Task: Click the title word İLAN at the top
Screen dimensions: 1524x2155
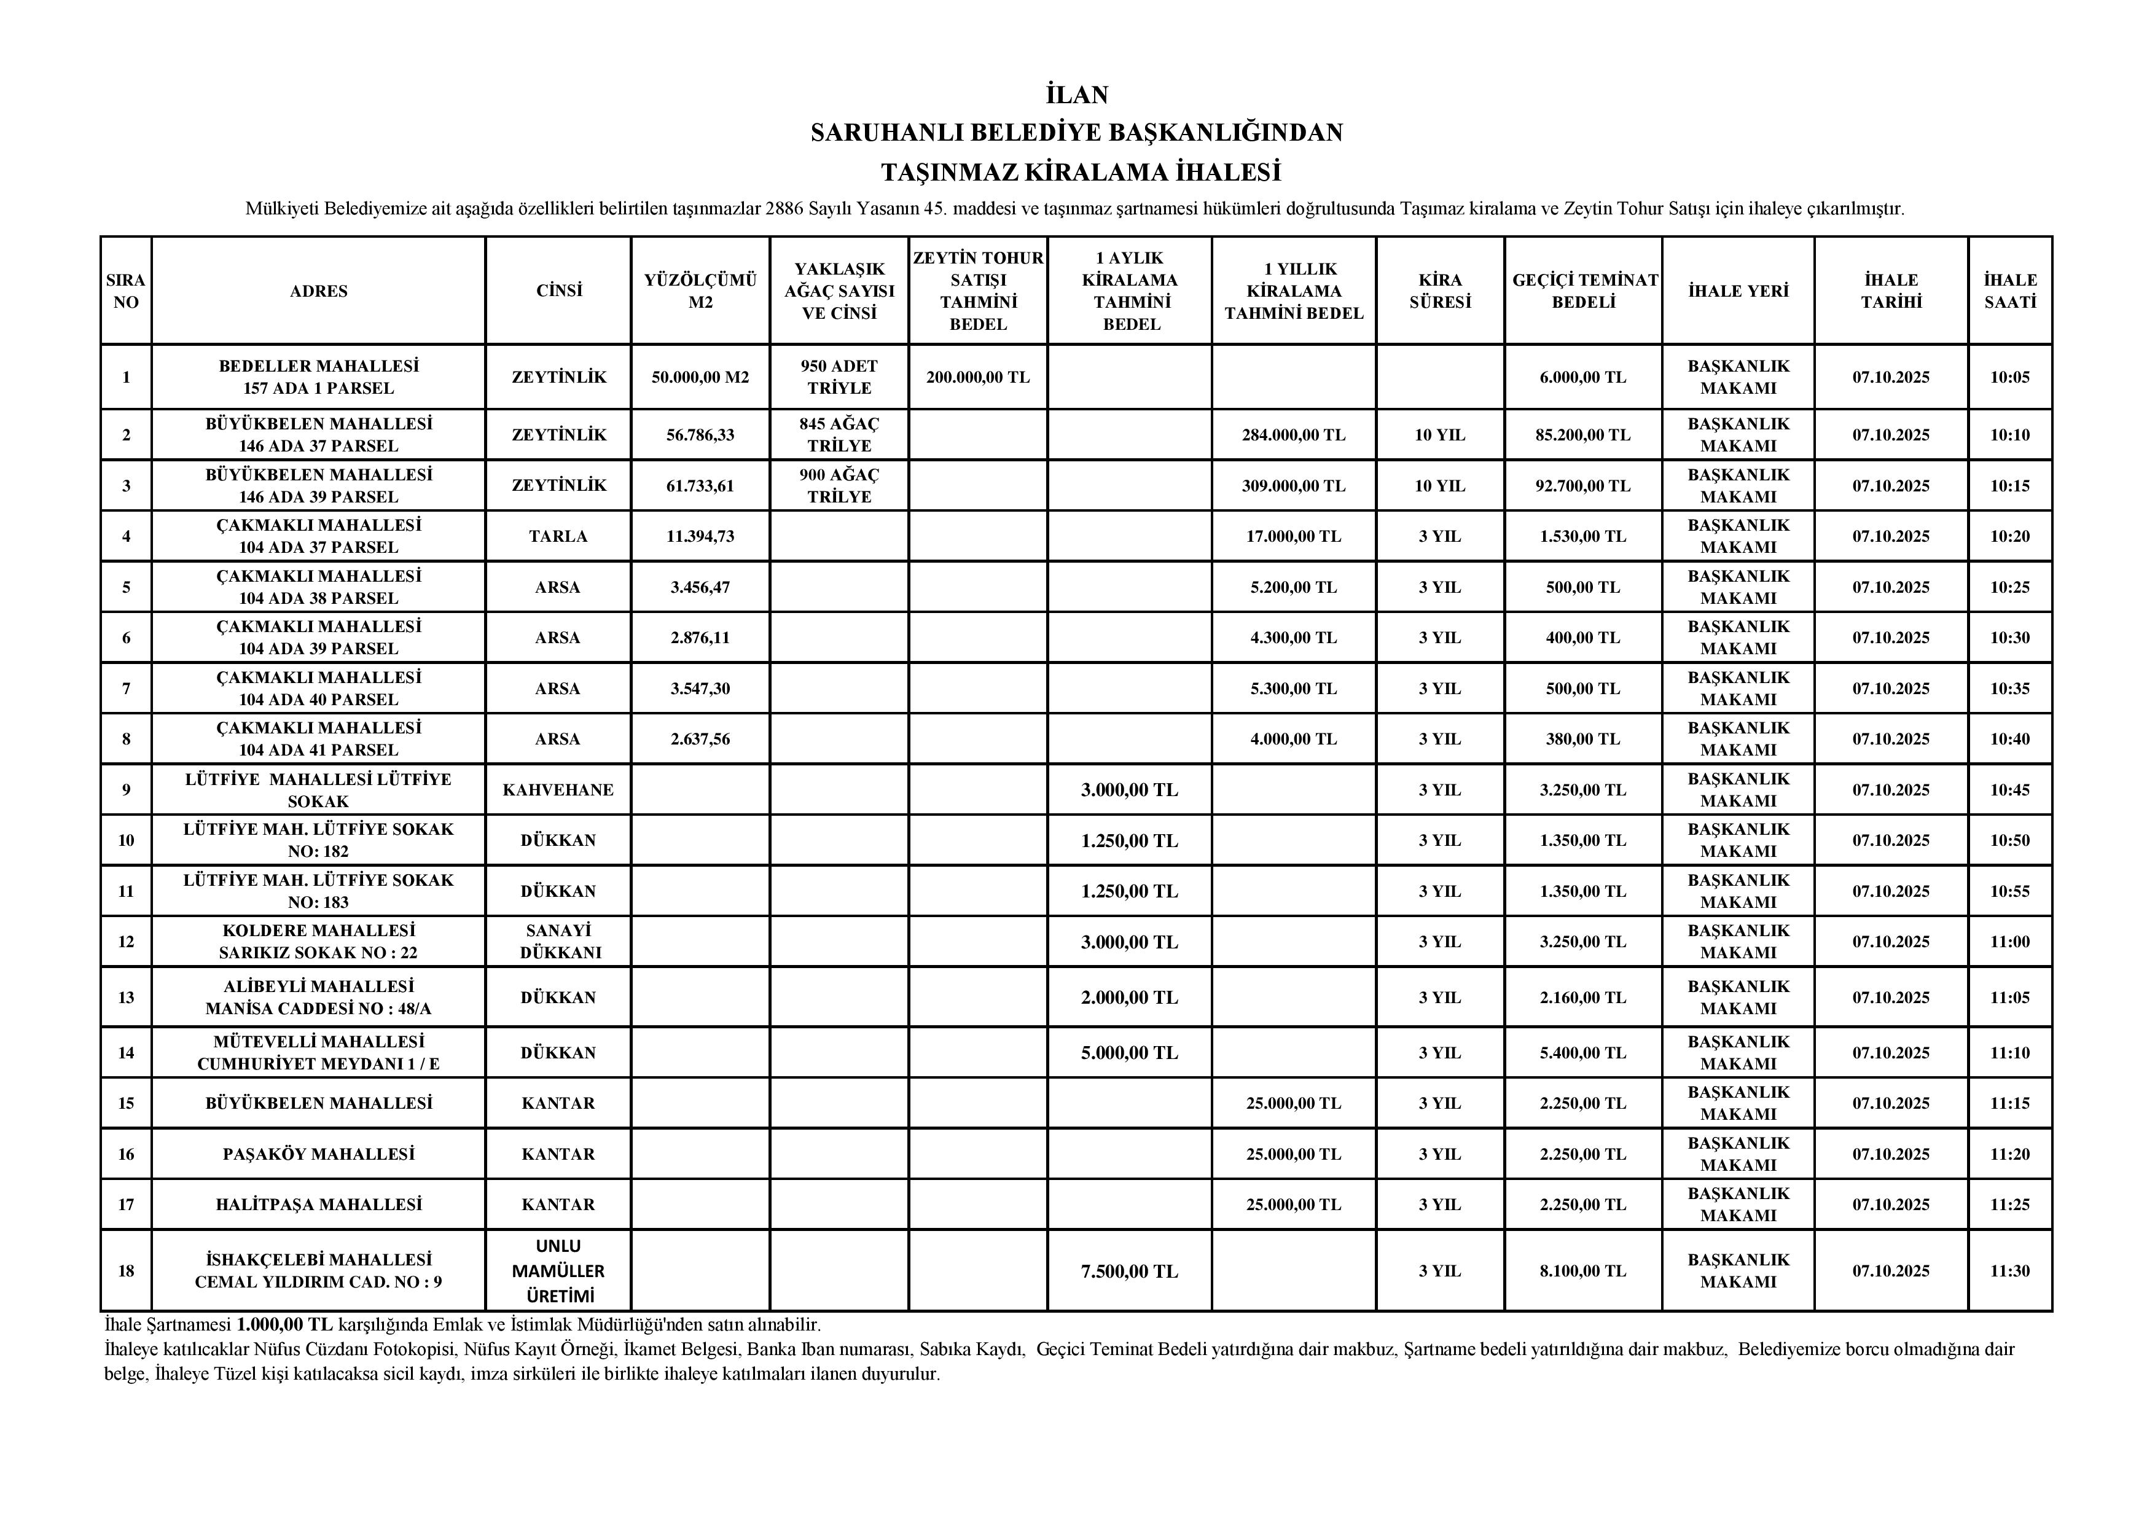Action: click(1076, 95)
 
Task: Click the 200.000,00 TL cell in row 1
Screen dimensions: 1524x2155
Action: click(977, 377)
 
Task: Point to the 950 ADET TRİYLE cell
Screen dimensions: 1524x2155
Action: click(839, 377)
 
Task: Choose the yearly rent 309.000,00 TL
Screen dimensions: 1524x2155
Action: click(1293, 486)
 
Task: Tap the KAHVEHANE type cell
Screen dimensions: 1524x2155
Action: click(558, 790)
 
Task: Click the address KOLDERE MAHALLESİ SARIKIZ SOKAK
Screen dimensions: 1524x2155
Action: click(318, 941)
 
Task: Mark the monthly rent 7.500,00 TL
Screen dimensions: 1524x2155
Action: click(1129, 1272)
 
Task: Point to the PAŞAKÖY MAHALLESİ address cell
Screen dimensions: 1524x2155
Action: click(318, 1154)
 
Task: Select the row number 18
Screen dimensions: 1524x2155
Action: click(126, 1272)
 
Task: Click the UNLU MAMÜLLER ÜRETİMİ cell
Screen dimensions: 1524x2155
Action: click(558, 1272)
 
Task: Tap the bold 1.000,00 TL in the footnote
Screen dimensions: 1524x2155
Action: click(284, 1325)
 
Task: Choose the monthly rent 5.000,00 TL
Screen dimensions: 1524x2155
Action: click(1129, 1053)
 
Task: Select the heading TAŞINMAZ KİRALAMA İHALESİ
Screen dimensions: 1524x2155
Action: click(1081, 173)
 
